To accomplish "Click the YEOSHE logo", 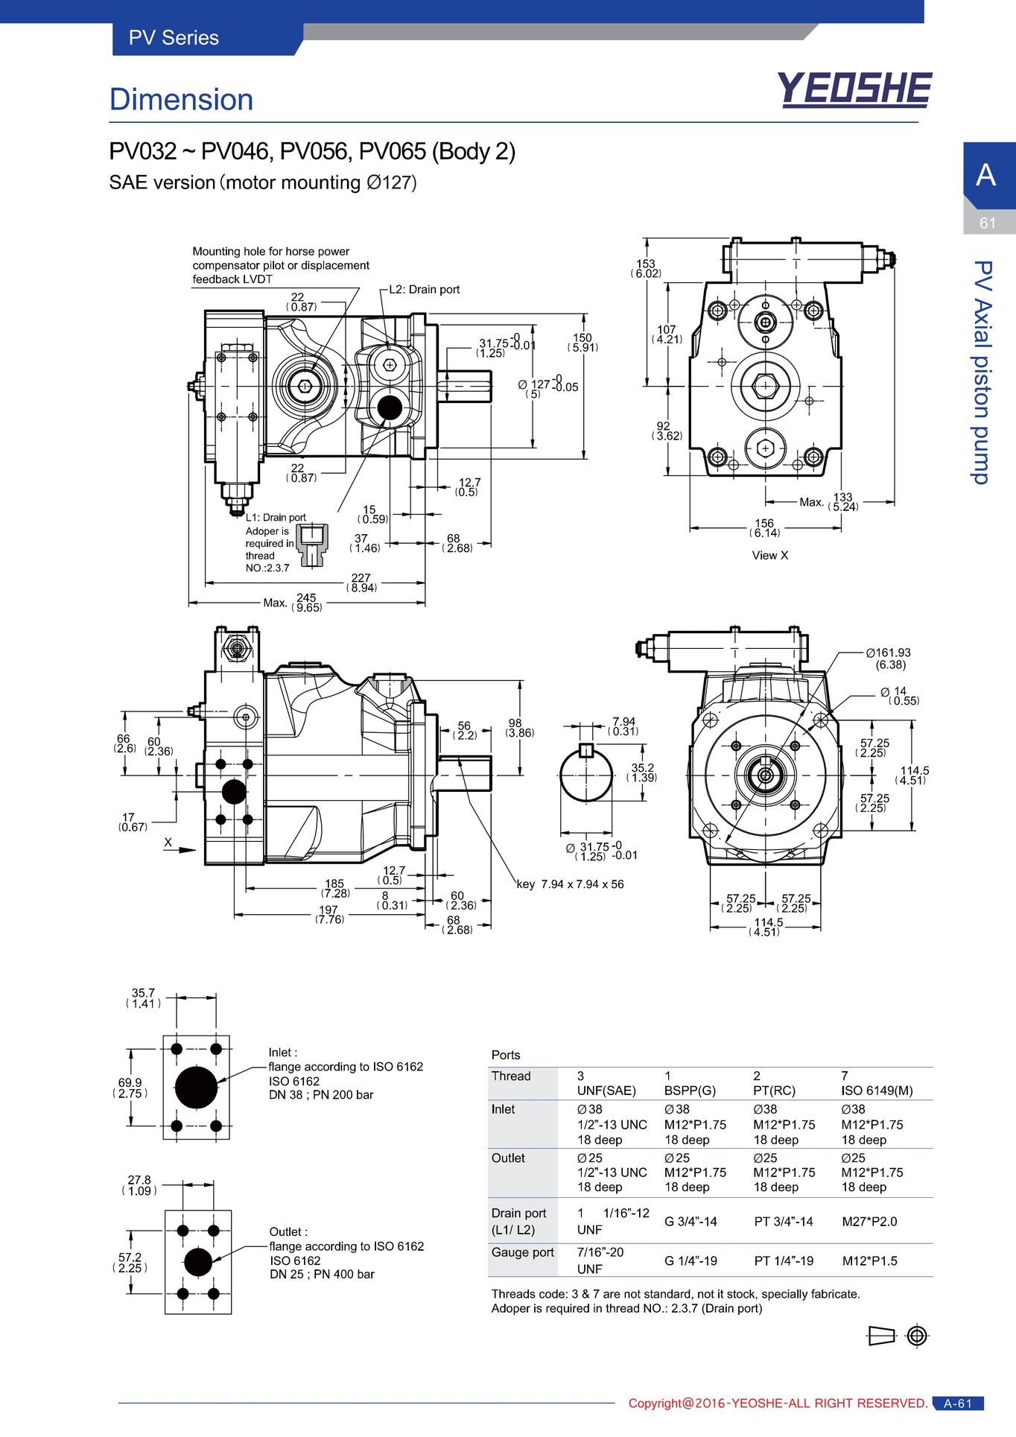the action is [854, 90].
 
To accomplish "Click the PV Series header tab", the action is [174, 38].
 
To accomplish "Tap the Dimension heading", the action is [181, 100].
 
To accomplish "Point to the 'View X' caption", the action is [770, 555].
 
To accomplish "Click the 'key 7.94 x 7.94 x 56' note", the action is [571, 884].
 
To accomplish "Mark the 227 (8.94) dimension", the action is [361, 583].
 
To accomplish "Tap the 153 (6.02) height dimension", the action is [646, 268].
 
